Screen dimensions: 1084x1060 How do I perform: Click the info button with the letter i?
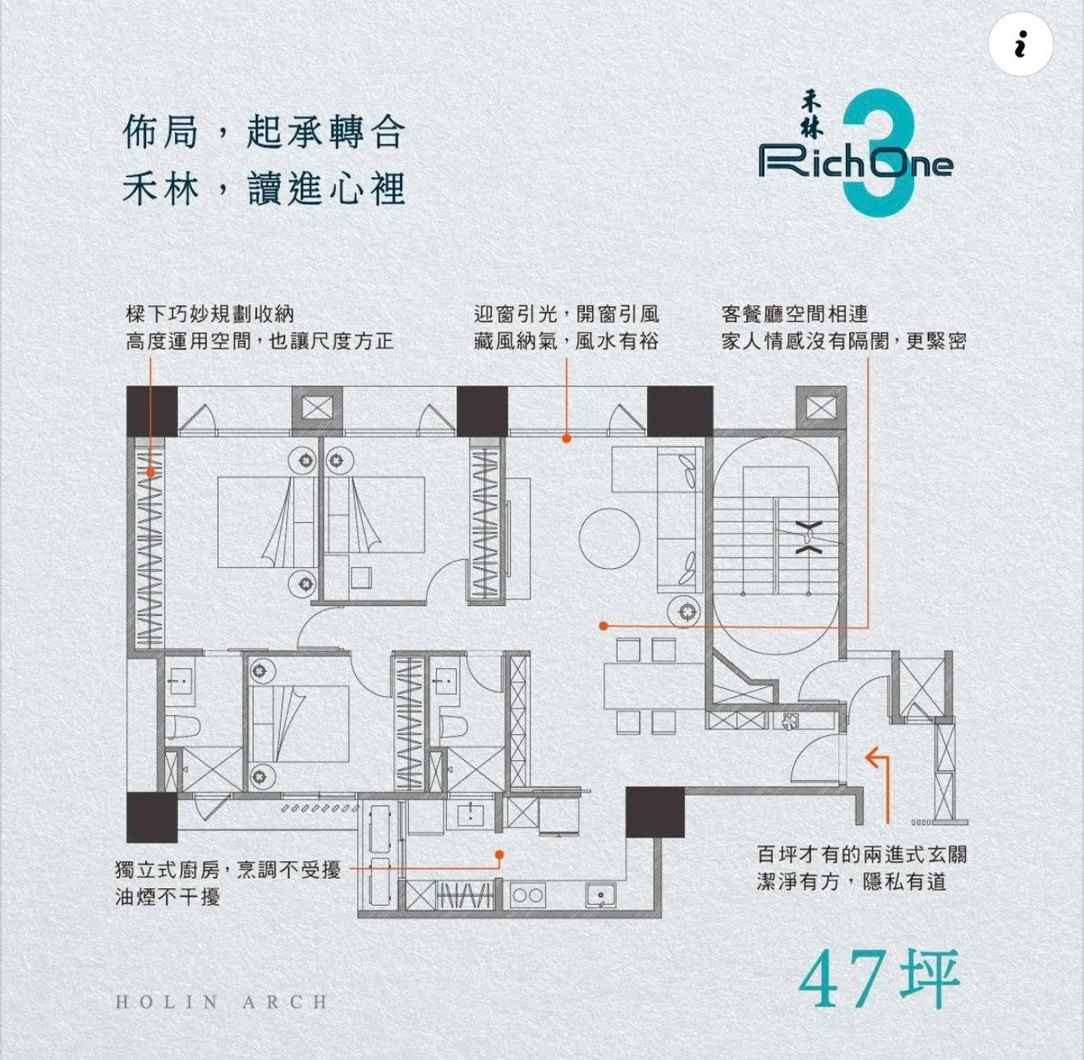pos(1020,44)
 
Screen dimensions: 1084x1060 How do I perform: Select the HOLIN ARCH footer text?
pos(221,1003)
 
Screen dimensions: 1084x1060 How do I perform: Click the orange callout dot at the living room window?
pos(567,438)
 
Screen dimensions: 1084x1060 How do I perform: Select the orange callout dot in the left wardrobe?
pos(150,473)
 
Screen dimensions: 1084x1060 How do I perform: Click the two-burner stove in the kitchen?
pos(527,896)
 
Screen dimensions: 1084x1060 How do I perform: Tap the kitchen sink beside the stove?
pos(601,895)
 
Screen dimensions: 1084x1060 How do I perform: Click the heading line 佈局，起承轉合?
pos(264,133)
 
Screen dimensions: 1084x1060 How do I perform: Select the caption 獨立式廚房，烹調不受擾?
pos(228,870)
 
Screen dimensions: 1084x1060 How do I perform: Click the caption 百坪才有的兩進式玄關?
pos(862,855)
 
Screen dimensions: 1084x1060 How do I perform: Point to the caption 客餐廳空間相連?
pos(795,314)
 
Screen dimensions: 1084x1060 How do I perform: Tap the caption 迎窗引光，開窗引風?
pos(567,314)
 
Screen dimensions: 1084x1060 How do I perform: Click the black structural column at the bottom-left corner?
pos(152,817)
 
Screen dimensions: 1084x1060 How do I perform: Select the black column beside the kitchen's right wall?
pos(655,812)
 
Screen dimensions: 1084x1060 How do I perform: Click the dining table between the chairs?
pos(646,686)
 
